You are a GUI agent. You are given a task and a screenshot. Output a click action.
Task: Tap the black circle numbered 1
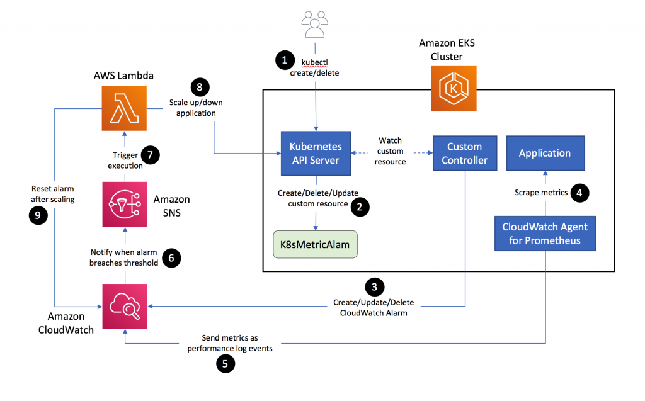coord(285,61)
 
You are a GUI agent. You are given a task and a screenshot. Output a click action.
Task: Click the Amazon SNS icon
coord(125,205)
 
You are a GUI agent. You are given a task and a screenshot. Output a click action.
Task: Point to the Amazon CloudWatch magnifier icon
coord(125,305)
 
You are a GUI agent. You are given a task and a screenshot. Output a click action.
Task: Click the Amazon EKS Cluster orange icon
coord(450,86)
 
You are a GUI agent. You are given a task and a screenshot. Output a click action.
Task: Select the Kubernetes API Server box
coord(316,153)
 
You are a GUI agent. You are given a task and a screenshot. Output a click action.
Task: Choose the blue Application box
coord(544,153)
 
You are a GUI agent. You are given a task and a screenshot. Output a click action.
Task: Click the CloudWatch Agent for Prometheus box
coord(544,233)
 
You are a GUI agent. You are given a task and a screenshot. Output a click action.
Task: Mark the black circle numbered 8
coord(199,88)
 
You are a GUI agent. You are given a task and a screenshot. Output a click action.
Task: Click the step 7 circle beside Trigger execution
coord(150,155)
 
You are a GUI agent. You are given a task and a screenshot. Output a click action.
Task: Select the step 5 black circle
coord(225,363)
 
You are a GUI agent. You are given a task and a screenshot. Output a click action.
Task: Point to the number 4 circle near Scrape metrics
coord(579,192)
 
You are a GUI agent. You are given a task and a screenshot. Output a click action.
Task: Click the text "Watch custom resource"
coord(391,150)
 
